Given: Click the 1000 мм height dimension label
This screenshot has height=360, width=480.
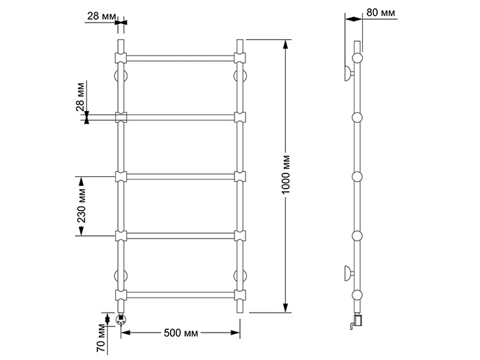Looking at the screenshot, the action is pyautogui.click(x=286, y=175).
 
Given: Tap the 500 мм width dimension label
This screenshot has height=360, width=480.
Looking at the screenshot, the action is pyautogui.click(x=181, y=333).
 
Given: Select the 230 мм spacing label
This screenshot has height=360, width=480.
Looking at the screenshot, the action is pyautogui.click(x=81, y=206).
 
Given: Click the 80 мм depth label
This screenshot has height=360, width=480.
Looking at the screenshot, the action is pyautogui.click(x=381, y=12).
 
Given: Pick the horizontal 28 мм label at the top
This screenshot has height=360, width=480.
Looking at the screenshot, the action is pyautogui.click(x=101, y=16).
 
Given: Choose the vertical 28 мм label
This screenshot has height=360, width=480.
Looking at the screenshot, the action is pyautogui.click(x=80, y=97).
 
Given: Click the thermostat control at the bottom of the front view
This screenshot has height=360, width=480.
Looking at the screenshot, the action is pyautogui.click(x=121, y=320).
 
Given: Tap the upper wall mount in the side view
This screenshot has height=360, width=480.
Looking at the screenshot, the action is pyautogui.click(x=349, y=73).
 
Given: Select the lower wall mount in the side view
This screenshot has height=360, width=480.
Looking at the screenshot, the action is pyautogui.click(x=349, y=274).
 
